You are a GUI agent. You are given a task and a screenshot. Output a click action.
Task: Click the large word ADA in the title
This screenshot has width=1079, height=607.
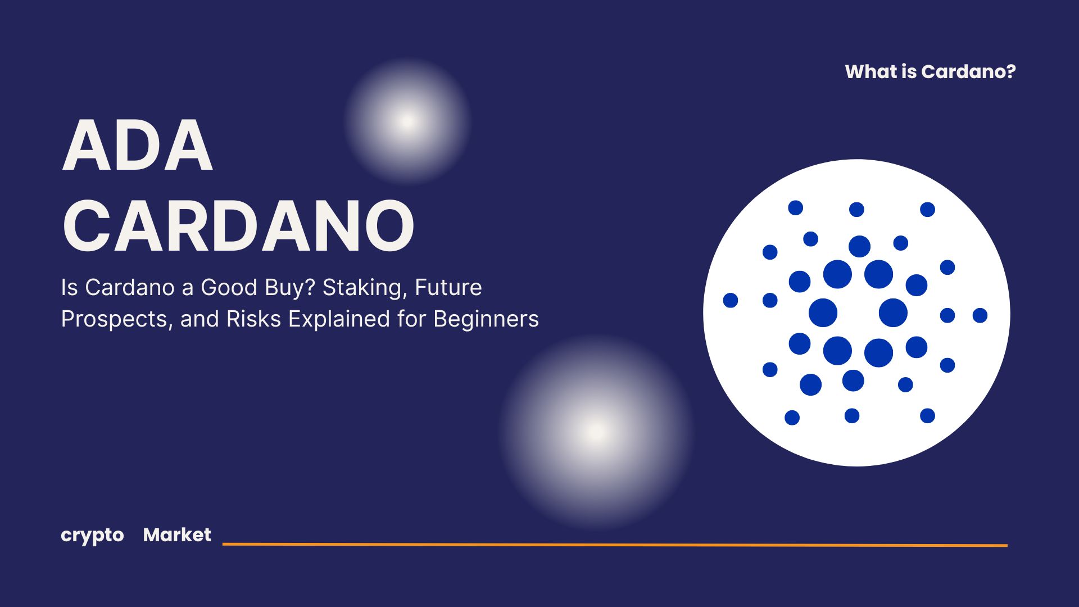[138, 145]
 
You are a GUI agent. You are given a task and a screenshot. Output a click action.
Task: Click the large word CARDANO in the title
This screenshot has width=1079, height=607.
[238, 225]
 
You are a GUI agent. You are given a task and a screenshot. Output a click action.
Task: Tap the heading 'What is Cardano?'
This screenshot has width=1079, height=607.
[930, 71]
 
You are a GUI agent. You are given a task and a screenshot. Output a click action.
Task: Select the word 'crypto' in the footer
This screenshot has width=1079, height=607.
[92, 536]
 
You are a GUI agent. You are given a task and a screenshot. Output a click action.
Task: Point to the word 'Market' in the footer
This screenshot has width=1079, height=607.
[177, 534]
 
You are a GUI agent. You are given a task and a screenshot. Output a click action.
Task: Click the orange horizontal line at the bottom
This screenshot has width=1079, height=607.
[615, 544]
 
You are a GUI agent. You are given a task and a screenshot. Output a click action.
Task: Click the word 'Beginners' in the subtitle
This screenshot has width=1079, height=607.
[486, 319]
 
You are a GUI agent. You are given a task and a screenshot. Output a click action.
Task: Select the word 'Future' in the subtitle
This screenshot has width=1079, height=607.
[448, 287]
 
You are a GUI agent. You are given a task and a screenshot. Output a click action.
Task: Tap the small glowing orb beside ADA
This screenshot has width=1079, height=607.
[407, 121]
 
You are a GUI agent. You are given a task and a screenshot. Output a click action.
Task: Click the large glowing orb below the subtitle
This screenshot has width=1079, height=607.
[596, 432]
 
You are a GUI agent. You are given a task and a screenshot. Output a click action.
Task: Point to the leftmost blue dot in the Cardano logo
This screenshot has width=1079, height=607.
[731, 300]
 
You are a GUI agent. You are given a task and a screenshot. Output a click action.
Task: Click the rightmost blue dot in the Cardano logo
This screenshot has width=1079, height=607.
[980, 315]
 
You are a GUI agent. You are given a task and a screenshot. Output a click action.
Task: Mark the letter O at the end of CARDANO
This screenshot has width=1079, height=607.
[389, 225]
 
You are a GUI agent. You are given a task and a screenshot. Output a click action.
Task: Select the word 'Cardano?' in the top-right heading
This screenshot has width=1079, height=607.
[968, 71]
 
